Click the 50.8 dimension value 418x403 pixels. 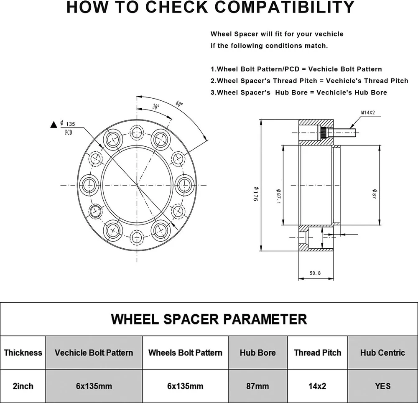point(315,273)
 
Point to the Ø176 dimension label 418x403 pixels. point(255,194)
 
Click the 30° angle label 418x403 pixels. point(156,107)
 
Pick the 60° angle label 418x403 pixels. point(179,104)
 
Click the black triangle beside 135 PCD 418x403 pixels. point(53,124)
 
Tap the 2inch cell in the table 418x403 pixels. point(23,386)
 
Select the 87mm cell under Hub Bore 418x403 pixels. point(257,386)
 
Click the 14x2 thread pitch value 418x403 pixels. point(317,386)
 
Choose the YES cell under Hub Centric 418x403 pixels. point(382,386)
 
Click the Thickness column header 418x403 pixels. point(23,352)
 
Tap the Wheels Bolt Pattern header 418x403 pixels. point(185,352)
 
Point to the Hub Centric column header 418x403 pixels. point(382,352)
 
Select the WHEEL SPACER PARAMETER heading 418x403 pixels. point(209,319)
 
